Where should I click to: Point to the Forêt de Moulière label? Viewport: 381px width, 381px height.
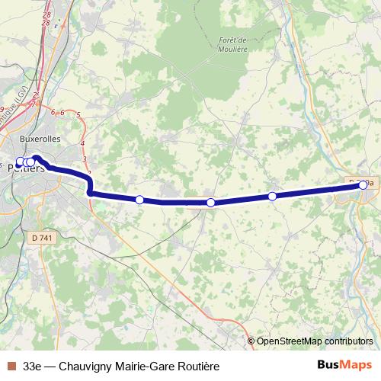pos(232,44)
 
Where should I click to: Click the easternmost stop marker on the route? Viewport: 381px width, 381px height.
pos(363,184)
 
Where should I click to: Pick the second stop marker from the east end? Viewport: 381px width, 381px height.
pos(272,197)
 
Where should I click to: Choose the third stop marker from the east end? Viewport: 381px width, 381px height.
pos(210,203)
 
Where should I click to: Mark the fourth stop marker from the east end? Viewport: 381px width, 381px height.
pos(139,200)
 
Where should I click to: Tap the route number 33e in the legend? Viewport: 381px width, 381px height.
pos(33,366)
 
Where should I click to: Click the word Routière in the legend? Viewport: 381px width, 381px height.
pos(197,366)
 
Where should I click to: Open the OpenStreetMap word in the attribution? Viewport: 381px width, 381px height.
pos(289,341)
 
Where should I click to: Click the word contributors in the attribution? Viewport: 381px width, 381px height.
pos(348,341)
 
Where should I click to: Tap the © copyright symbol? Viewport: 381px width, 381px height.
pos(251,341)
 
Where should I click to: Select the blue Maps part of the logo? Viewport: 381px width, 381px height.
pos(357,365)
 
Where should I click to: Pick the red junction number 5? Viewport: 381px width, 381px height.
pos(78,114)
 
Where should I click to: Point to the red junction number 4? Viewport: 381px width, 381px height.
pos(82,142)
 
